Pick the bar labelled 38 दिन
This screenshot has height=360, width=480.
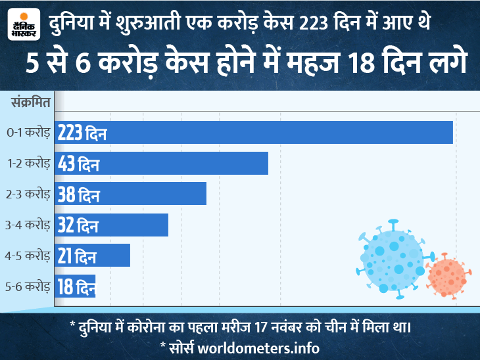point(131,194)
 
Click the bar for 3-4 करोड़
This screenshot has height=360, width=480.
point(112,225)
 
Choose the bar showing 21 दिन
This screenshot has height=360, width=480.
point(93,255)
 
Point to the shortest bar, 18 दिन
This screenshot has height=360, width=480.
point(76,286)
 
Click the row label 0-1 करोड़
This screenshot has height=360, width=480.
point(28,133)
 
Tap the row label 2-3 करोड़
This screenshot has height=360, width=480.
point(28,194)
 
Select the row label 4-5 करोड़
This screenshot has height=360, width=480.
point(28,256)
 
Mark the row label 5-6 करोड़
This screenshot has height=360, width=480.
point(28,286)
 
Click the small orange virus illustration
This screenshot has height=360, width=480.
point(448,275)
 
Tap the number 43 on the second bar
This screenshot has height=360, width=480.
point(66,163)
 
